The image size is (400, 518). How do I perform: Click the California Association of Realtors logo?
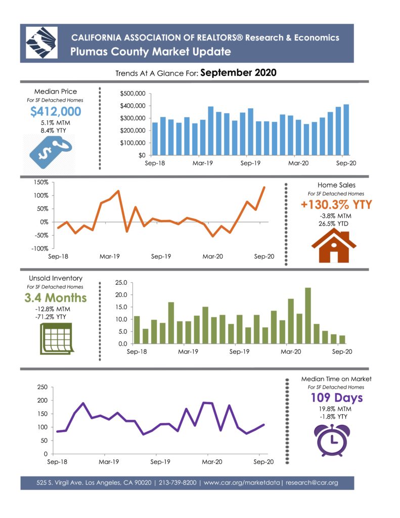coord(41,43)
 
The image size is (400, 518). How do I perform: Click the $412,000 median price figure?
coord(56,111)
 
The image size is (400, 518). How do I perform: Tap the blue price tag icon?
coord(51,152)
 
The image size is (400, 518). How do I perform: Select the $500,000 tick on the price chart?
coord(132,94)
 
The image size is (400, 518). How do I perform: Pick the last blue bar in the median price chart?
coord(346,130)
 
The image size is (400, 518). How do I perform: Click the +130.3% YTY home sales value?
coord(336,204)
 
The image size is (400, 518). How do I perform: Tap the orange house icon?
coord(334,246)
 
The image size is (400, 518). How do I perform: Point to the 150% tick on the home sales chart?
coord(41,182)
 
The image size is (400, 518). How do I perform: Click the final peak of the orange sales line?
coord(264,187)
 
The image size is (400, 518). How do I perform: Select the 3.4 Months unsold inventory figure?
coord(56,297)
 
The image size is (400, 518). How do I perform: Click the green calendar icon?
coord(56,338)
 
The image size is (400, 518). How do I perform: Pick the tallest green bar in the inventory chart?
coord(308,316)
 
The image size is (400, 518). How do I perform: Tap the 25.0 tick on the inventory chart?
coord(121,283)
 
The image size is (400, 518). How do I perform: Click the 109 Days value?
coord(337,398)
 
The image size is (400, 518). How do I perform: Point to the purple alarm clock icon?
coord(332,440)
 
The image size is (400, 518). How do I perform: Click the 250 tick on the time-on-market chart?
coord(42,387)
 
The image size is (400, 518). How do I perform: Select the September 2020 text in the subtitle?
coord(238,73)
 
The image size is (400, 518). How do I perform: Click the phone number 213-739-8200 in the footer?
coord(177,483)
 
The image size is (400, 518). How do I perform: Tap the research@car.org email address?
coord(312,483)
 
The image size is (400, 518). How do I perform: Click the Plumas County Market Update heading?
coord(151,52)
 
